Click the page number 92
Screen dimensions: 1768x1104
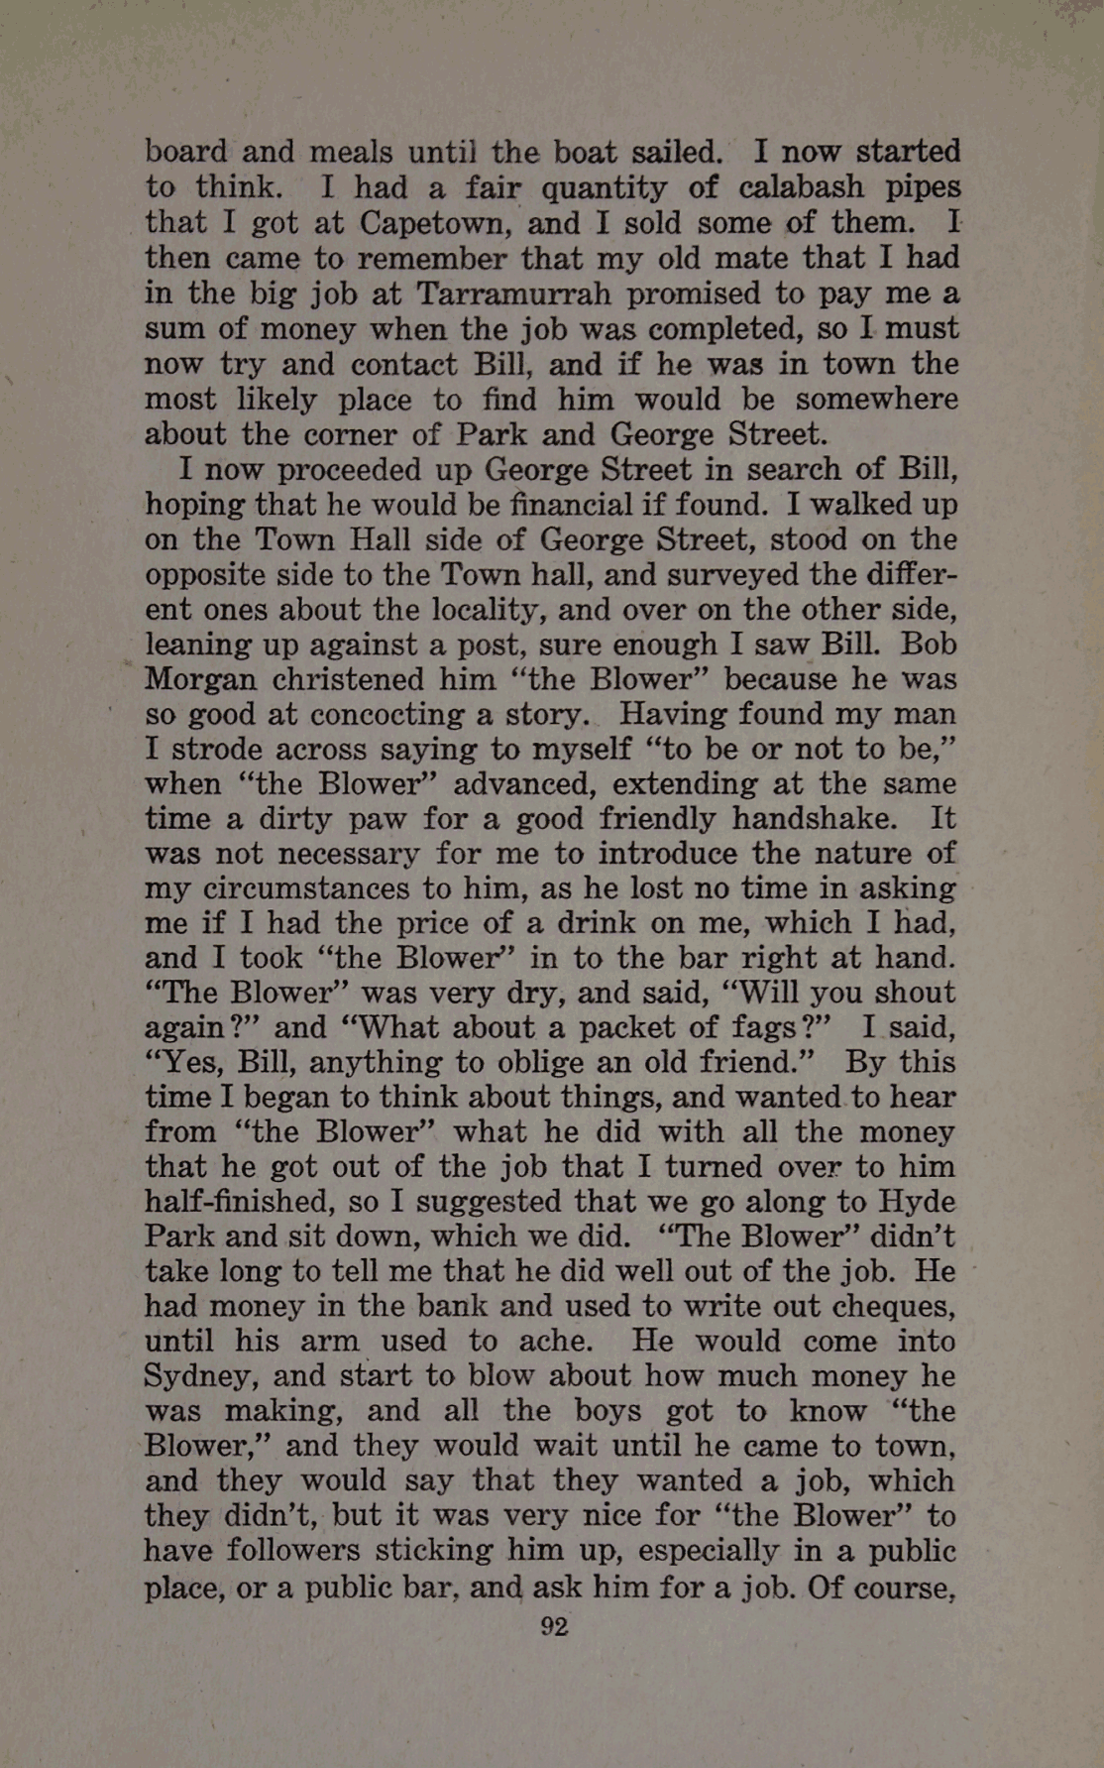click(554, 1627)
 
